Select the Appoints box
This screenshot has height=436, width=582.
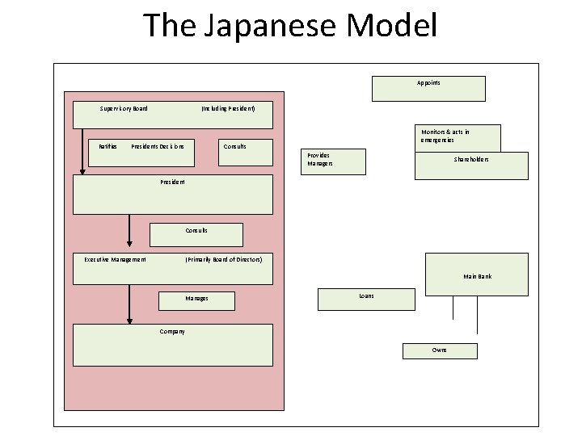point(428,88)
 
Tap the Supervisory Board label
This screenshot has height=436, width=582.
point(123,108)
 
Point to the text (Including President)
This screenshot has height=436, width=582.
point(228,108)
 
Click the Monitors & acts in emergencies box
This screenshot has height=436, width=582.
point(459,137)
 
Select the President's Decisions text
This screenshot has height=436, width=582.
point(158,146)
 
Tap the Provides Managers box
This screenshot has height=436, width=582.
point(334,162)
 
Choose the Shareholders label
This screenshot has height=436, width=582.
point(470,159)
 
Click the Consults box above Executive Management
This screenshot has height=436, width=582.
point(196,234)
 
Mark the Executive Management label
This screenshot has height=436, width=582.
point(116,259)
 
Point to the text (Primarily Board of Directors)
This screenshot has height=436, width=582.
point(223,259)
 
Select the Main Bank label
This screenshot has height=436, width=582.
point(477,276)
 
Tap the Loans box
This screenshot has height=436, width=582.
point(366,299)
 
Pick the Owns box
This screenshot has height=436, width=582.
point(440,350)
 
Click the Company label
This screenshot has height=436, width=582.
point(171,332)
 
